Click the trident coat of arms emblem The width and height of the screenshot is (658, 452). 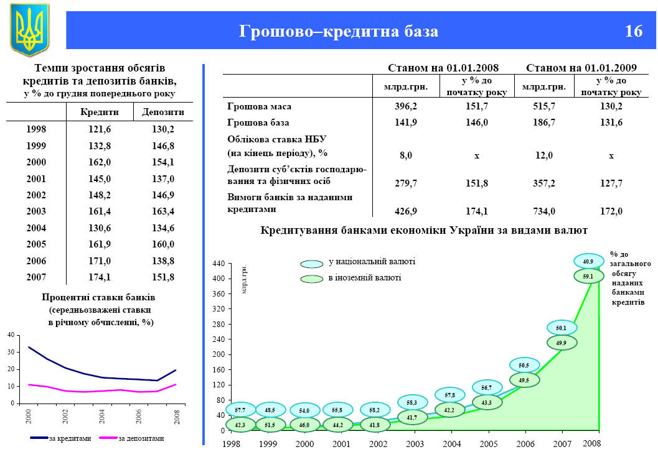pyautogui.click(x=29, y=29)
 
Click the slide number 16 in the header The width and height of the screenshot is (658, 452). pyautogui.click(x=633, y=31)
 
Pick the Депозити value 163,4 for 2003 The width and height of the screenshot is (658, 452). pyautogui.click(x=163, y=211)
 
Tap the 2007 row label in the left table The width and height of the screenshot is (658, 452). pyautogui.click(x=37, y=277)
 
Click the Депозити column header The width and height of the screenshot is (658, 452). pyautogui.click(x=163, y=112)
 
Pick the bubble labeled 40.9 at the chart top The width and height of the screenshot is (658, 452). pyautogui.click(x=588, y=262)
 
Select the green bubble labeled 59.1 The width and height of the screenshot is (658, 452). pyautogui.click(x=588, y=275)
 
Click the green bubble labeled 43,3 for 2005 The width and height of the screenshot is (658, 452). pyautogui.click(x=487, y=403)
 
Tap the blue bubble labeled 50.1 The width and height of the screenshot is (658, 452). pyautogui.click(x=562, y=328)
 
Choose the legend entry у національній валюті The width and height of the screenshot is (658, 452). pyautogui.click(x=371, y=262)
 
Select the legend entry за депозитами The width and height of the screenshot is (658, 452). pyautogui.click(x=141, y=438)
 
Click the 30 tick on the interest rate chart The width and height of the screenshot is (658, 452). pyautogui.click(x=11, y=353)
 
